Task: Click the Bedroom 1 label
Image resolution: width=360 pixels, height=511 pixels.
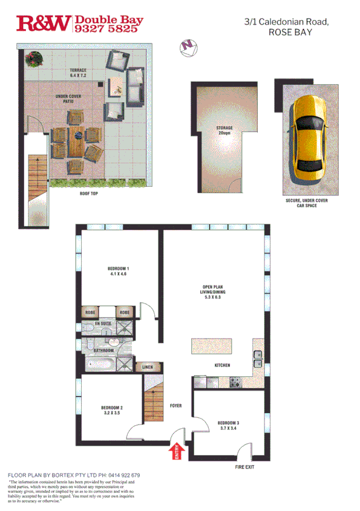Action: (117, 271)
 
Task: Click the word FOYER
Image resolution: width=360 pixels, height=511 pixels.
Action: (176, 406)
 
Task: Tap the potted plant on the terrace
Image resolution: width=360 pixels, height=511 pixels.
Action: (34, 59)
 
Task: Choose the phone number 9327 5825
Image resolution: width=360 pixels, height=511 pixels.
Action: (108, 28)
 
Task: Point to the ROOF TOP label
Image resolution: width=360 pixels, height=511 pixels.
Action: (89, 195)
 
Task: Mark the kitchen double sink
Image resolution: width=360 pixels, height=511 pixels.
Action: (257, 364)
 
